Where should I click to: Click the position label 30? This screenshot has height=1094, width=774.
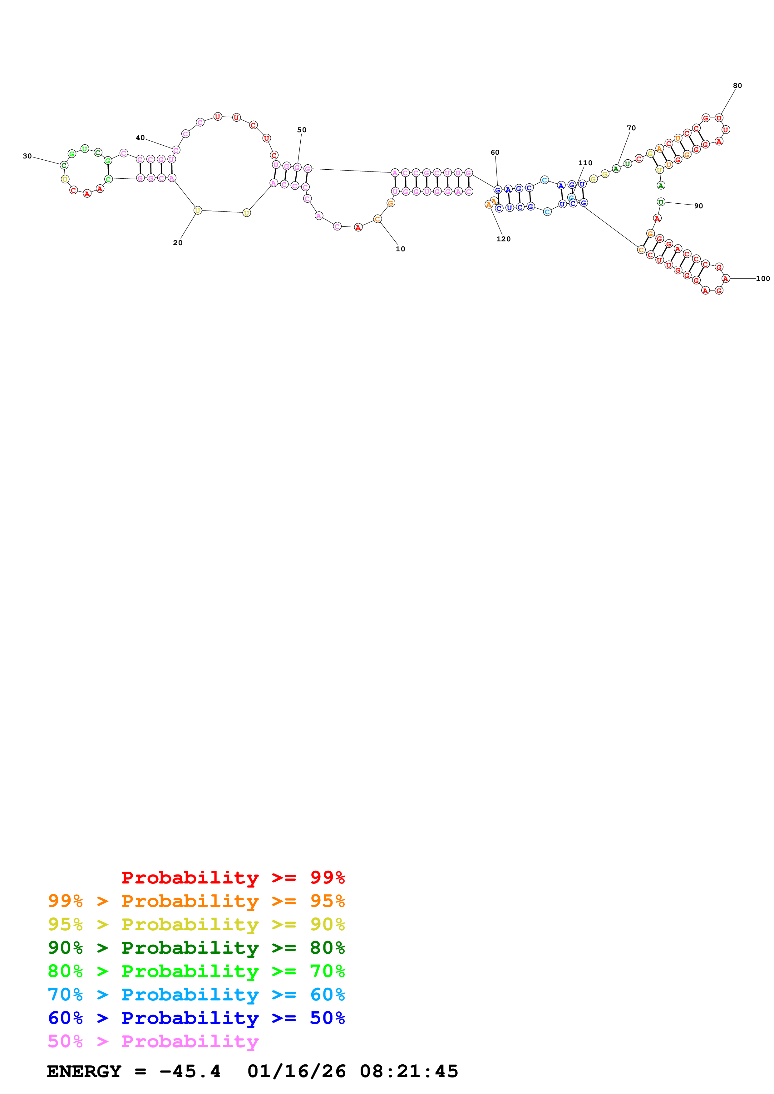point(27,156)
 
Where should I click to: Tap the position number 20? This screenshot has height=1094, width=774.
point(177,243)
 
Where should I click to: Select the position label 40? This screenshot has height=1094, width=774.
point(140,138)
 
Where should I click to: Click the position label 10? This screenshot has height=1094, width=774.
point(400,249)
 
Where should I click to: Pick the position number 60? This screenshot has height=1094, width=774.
point(495,152)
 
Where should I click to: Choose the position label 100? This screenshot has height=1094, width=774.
point(762,279)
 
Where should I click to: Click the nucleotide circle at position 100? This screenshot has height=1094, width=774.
point(725,279)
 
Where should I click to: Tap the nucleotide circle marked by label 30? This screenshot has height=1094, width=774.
point(64,165)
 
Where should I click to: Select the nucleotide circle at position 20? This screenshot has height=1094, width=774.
point(197,210)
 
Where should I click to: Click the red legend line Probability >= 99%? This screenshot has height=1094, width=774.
point(233,877)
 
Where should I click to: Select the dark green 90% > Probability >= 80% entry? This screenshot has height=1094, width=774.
point(196,948)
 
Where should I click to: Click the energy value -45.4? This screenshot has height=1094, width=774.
point(190,1071)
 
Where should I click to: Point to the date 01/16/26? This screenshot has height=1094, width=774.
point(296,1071)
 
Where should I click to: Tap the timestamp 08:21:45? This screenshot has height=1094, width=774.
point(409,1071)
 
